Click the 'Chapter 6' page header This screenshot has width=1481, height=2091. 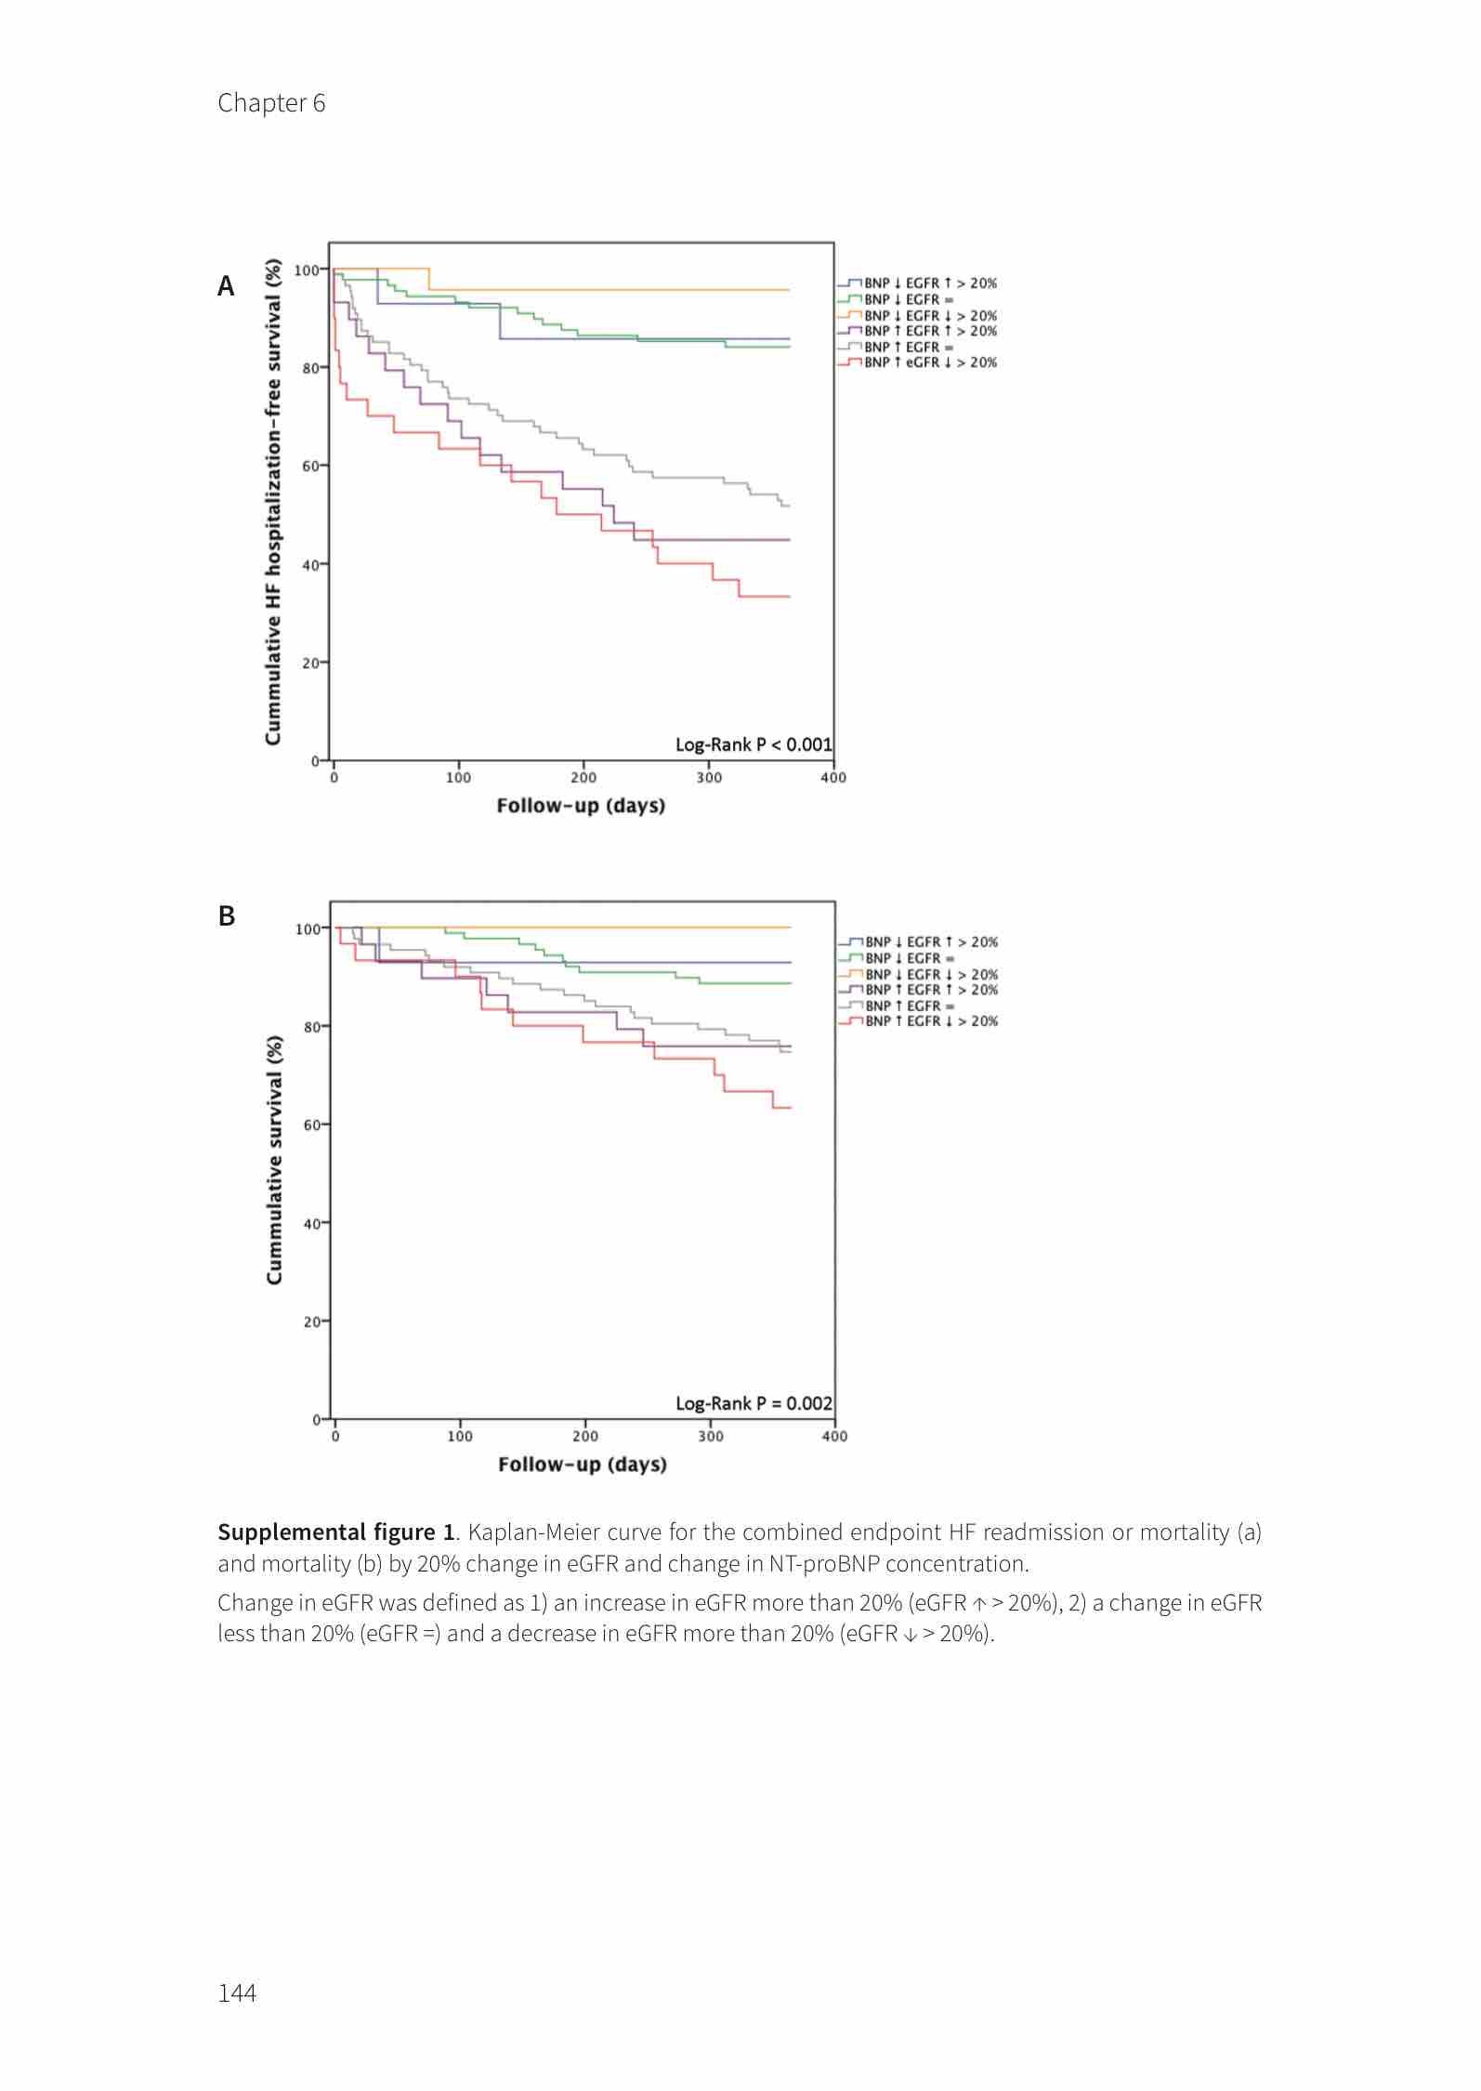(271, 103)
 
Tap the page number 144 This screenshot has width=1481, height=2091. (237, 1992)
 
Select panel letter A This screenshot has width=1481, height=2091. (226, 286)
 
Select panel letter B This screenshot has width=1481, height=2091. (227, 916)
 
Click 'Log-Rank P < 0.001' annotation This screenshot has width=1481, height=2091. (754, 744)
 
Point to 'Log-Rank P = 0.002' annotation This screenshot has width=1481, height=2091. (754, 1403)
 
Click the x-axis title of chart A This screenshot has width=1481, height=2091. (581, 806)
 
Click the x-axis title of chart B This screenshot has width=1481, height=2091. (582, 1465)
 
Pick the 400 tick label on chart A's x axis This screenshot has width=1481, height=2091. (833, 778)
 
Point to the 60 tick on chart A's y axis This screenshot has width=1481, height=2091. (309, 466)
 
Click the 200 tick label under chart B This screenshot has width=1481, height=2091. (585, 1436)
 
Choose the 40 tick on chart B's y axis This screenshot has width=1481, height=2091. (311, 1223)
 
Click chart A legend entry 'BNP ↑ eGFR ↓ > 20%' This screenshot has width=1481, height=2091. (930, 362)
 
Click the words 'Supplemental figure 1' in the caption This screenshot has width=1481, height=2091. (335, 1532)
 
